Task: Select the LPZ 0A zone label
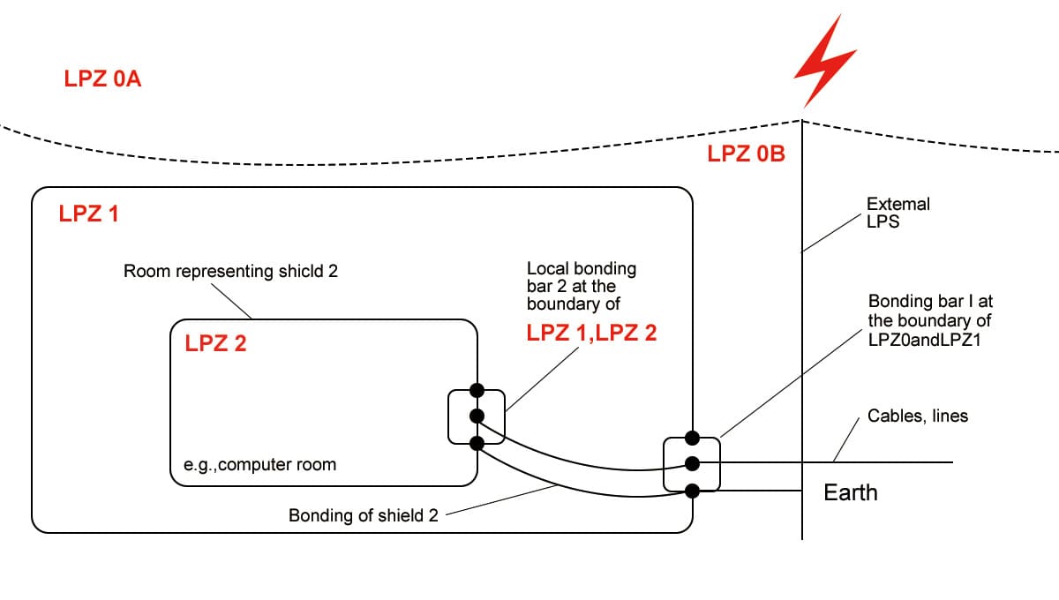click(103, 79)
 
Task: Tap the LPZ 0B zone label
click(746, 154)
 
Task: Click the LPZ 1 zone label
click(88, 214)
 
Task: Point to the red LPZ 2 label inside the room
click(215, 344)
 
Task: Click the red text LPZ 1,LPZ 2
click(591, 334)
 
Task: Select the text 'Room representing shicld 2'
click(230, 272)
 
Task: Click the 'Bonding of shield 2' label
click(363, 515)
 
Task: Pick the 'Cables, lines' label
click(918, 416)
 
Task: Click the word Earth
click(851, 492)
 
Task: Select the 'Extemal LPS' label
click(898, 213)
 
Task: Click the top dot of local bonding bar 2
click(477, 390)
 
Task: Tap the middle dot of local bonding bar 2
click(477, 416)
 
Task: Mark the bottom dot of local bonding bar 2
click(477, 442)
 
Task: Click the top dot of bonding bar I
click(693, 438)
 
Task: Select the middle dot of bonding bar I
click(693, 463)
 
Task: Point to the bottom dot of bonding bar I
click(693, 490)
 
